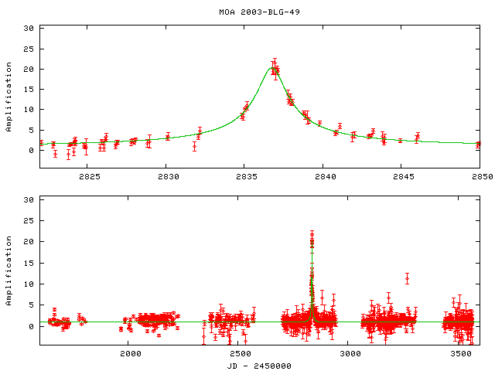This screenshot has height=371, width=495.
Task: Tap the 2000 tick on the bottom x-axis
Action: click(x=129, y=353)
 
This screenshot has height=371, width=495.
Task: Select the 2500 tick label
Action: click(x=240, y=353)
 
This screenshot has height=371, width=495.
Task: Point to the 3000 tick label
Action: click(x=350, y=353)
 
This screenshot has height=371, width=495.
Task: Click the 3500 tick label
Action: click(x=460, y=353)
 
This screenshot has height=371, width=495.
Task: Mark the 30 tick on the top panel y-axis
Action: click(x=29, y=28)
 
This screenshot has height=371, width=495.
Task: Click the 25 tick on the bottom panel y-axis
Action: click(x=29, y=220)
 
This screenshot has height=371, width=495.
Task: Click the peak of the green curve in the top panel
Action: click(x=272, y=68)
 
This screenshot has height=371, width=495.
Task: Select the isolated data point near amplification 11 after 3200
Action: click(x=407, y=278)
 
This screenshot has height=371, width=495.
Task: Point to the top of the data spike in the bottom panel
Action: click(x=312, y=233)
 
